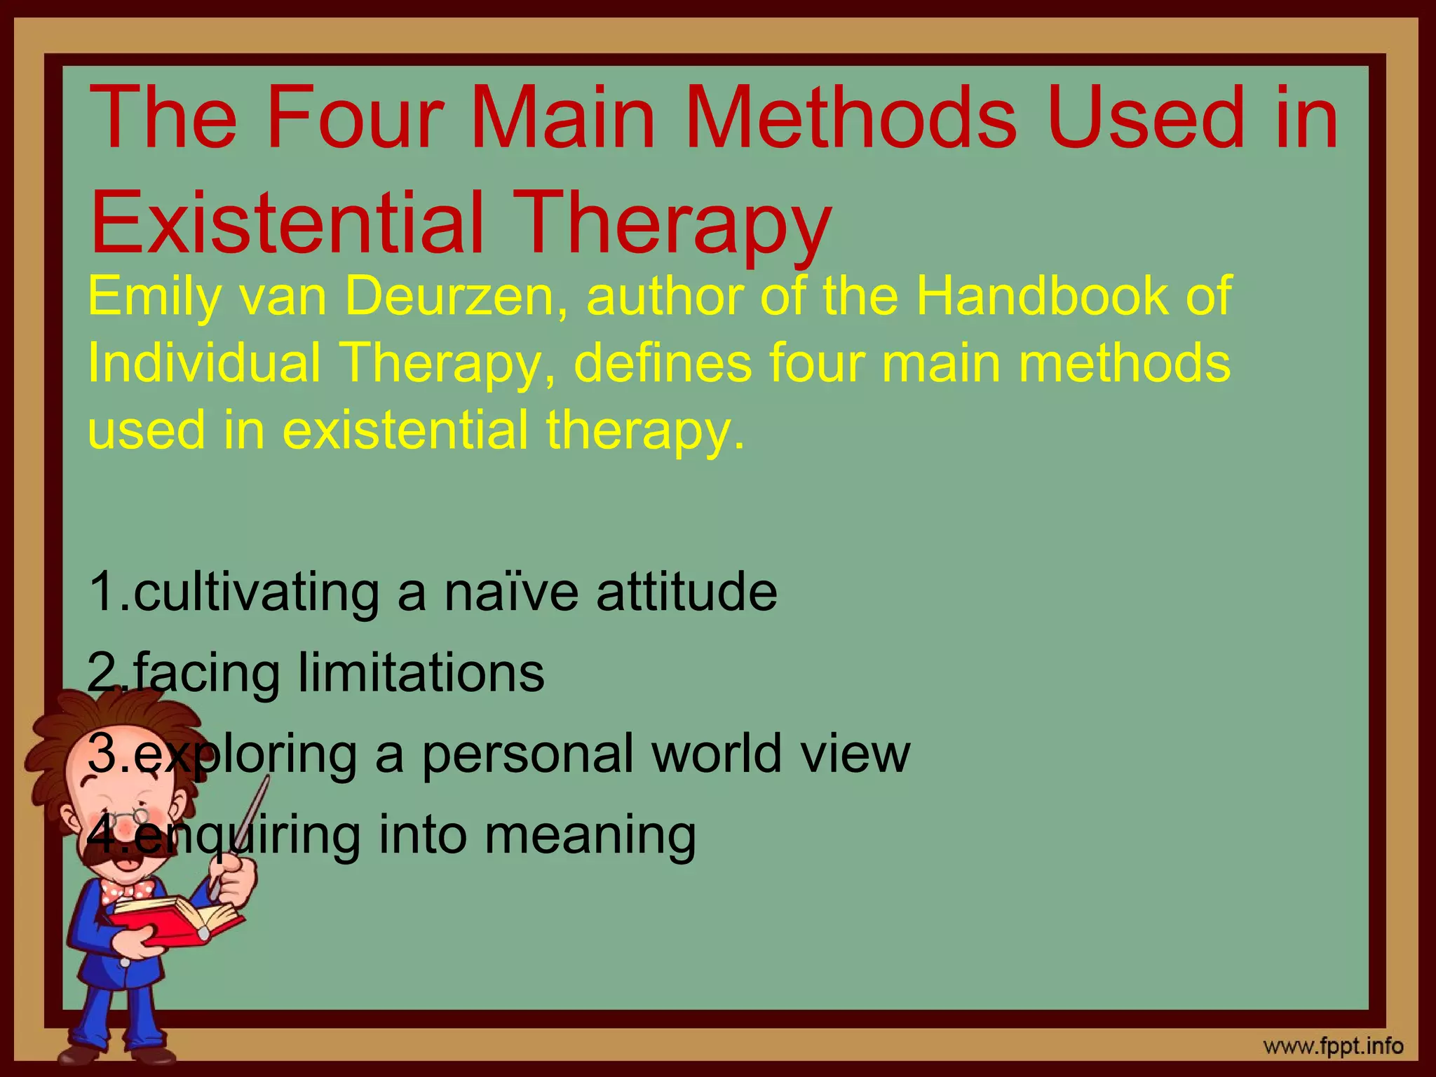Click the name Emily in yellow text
tap(154, 297)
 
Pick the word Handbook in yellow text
tap(1042, 297)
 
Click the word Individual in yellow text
tap(203, 363)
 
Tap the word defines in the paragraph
tap(663, 363)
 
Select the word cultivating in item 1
tap(257, 592)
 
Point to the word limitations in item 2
tap(421, 673)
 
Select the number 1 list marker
tap(102, 592)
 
